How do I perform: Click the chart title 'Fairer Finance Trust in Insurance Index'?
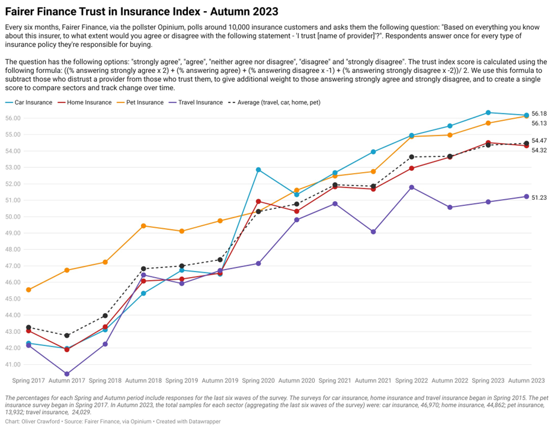[142, 11]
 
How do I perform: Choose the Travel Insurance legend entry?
[197, 103]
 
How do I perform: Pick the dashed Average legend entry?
[278, 103]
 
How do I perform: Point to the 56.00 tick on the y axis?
[12, 118]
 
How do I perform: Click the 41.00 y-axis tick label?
[12, 364]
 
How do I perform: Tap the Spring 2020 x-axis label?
[258, 380]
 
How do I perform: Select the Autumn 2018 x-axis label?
[143, 380]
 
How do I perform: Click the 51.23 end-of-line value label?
[539, 198]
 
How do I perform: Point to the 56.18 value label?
[539, 113]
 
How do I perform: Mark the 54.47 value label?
[539, 141]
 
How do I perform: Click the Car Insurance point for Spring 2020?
[258, 170]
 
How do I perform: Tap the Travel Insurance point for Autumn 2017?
[67, 374]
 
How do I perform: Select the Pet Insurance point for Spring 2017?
[28, 289]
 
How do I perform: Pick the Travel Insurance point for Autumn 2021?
[373, 232]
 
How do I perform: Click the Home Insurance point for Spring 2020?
[258, 202]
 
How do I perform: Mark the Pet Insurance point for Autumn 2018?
[143, 226]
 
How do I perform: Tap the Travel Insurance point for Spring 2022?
[412, 187]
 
